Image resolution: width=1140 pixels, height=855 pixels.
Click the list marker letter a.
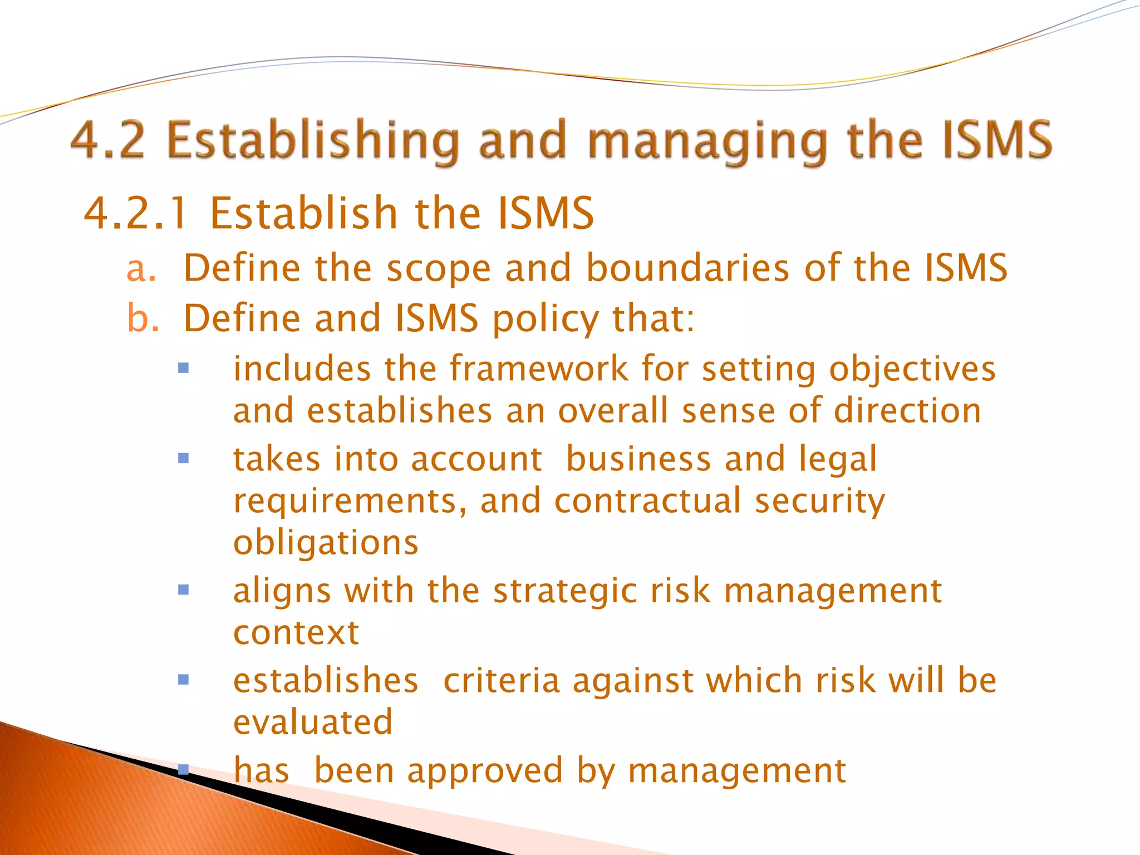140,269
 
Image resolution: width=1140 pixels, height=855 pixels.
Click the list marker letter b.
142,318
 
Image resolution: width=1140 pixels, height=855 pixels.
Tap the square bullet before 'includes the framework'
183,368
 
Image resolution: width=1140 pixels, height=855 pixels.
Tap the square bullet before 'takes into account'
183,459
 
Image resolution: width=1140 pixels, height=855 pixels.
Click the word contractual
647,500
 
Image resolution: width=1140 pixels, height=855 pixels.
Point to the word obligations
325,543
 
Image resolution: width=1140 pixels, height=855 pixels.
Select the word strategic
564,591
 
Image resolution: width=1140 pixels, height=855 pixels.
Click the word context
296,633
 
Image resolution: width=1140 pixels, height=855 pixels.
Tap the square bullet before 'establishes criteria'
183,680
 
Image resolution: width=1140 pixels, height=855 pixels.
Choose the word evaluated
313,723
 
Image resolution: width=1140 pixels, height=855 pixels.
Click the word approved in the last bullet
484,772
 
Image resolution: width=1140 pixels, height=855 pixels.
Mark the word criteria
501,681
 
